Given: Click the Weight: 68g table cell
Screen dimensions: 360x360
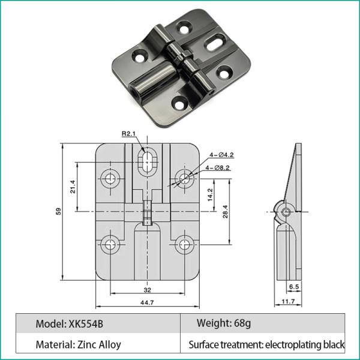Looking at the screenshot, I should pos(223,324).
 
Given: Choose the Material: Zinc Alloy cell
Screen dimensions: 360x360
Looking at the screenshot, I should pos(78,344).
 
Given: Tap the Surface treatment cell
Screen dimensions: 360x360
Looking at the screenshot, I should pos(266,344).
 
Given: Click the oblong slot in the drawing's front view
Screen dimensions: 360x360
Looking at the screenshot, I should pos(147,161).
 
